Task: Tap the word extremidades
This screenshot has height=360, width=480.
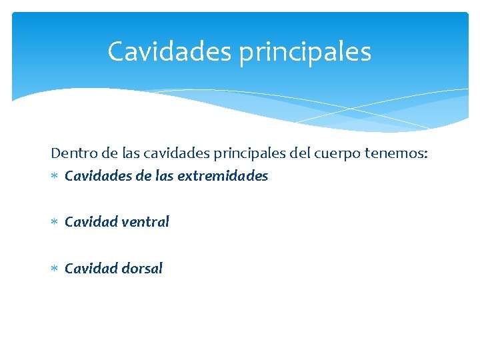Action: [223, 176]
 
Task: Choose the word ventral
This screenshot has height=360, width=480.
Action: [145, 222]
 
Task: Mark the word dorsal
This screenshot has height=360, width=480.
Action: [142, 269]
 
